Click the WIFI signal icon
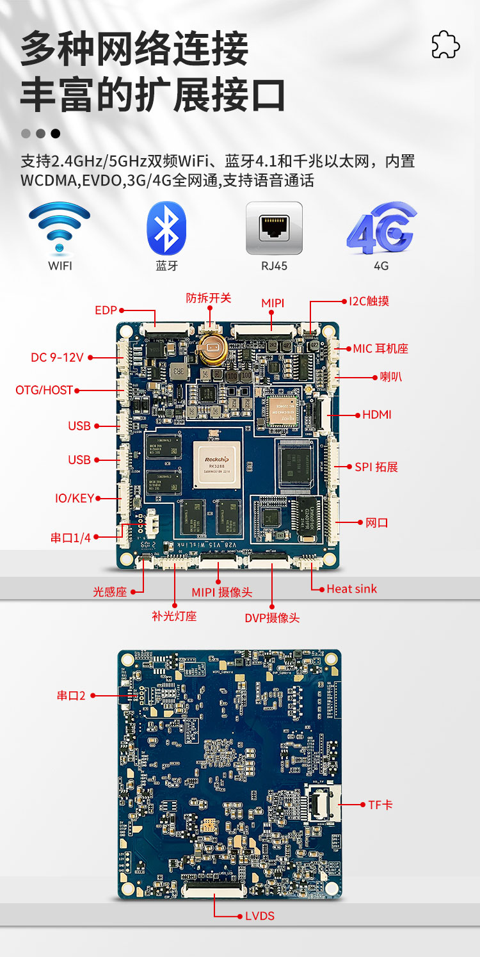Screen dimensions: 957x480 (x=60, y=227)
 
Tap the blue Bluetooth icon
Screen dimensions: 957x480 (x=166, y=229)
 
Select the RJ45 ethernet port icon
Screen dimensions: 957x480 (x=274, y=229)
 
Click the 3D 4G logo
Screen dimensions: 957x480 (x=381, y=229)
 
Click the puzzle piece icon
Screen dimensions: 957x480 (x=445, y=44)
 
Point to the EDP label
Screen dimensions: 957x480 (x=106, y=310)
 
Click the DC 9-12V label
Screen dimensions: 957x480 (x=57, y=357)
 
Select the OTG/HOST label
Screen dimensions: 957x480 (x=44, y=390)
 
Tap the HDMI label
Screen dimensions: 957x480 (x=377, y=415)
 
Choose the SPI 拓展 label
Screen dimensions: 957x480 (x=376, y=467)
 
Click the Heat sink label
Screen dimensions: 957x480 (x=351, y=589)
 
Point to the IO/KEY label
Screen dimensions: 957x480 (x=74, y=498)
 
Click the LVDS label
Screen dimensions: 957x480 (x=259, y=916)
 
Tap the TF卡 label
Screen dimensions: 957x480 (x=380, y=805)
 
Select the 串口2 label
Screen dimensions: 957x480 (x=71, y=695)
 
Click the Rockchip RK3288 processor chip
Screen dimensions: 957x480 (x=217, y=463)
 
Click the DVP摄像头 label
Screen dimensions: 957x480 (x=272, y=618)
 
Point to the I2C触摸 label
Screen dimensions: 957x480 (x=369, y=301)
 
